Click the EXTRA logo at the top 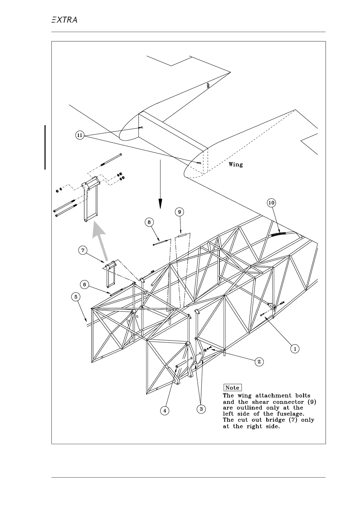(64, 20)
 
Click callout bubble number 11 (79, 135)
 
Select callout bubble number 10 (271, 203)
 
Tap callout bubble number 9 (180, 212)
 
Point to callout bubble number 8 (149, 222)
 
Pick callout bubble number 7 (83, 250)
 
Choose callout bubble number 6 (85, 284)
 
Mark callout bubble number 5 (76, 297)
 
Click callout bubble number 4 (165, 411)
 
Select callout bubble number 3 (201, 409)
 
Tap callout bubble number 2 (259, 361)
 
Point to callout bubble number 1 (295, 349)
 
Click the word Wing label (235, 164)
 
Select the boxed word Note (232, 388)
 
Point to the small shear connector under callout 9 (182, 235)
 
